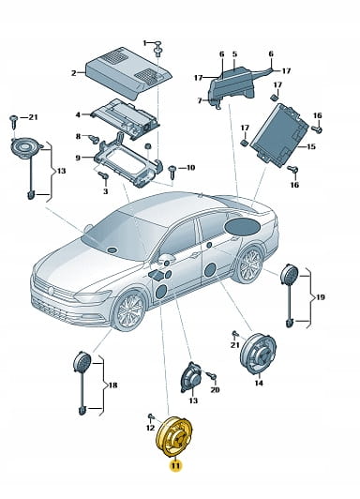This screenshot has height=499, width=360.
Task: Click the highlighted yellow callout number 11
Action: tap(175, 466)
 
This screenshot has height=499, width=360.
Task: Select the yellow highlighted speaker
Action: tap(174, 437)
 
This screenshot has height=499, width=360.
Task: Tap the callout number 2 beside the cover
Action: tap(74, 73)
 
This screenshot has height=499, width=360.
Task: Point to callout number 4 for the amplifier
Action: tap(78, 114)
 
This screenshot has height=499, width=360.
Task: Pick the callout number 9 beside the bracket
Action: tap(78, 158)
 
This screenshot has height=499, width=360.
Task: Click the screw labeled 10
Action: tap(173, 172)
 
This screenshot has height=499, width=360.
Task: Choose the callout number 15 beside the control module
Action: tap(310, 146)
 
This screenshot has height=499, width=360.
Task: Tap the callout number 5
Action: tap(234, 53)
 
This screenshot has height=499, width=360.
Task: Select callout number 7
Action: tap(200, 100)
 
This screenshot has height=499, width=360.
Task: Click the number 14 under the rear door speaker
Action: tap(259, 383)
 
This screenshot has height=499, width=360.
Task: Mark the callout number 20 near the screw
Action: tap(215, 389)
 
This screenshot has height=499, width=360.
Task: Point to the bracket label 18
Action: tap(112, 386)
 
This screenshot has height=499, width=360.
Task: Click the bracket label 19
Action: tap(320, 297)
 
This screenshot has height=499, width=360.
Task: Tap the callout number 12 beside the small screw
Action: tap(150, 428)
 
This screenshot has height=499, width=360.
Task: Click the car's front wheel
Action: tap(129, 310)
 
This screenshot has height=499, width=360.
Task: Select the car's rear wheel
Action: tap(249, 265)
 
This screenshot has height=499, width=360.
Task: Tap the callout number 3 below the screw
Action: tap(106, 191)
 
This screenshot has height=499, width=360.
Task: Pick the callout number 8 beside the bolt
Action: tap(78, 137)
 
